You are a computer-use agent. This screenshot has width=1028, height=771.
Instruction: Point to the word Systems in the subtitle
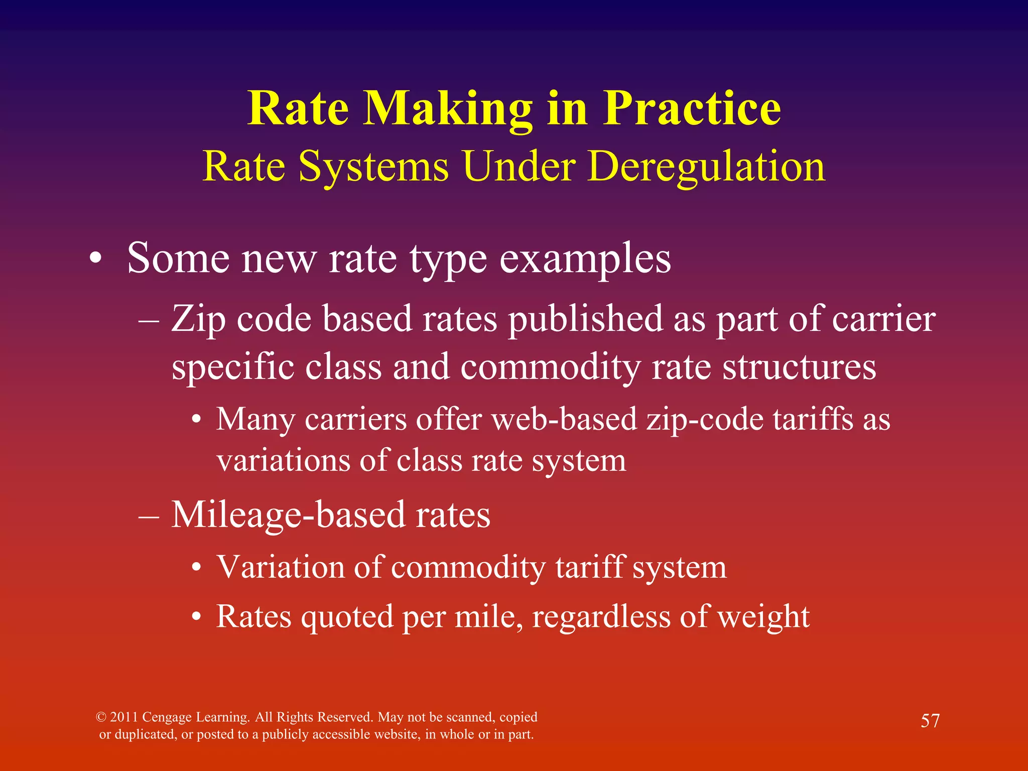tap(373, 167)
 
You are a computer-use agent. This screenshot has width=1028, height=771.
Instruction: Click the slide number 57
tap(930, 721)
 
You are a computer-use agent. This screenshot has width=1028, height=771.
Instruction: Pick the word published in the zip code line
tap(585, 319)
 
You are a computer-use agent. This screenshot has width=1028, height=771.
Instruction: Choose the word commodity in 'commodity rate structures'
tap(550, 367)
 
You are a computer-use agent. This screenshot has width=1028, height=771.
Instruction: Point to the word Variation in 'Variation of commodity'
tap(281, 567)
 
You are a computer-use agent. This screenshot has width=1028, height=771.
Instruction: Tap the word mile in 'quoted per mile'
tap(488, 616)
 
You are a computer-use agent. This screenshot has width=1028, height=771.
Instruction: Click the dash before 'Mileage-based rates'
tap(149, 516)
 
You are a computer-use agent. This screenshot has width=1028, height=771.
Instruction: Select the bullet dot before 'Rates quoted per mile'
tap(197, 617)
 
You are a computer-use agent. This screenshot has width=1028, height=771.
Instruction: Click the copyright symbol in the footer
tap(101, 717)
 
